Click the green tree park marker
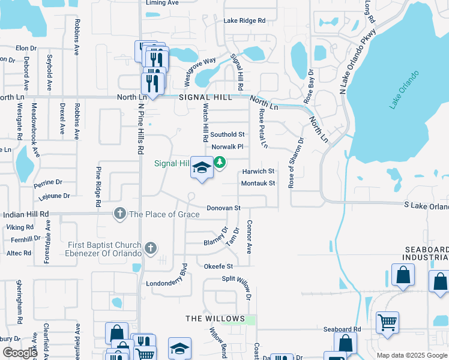(220, 162)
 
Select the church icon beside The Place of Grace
(120, 214)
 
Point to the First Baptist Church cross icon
(150, 247)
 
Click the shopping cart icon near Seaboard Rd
(387, 322)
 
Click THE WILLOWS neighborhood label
(215, 319)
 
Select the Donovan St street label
(223, 208)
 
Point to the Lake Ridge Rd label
(244, 20)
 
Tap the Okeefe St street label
(218, 265)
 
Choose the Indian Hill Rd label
(25, 214)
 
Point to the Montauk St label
(258, 183)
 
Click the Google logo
(20, 353)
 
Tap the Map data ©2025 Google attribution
(412, 355)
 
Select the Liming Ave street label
(163, 3)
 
